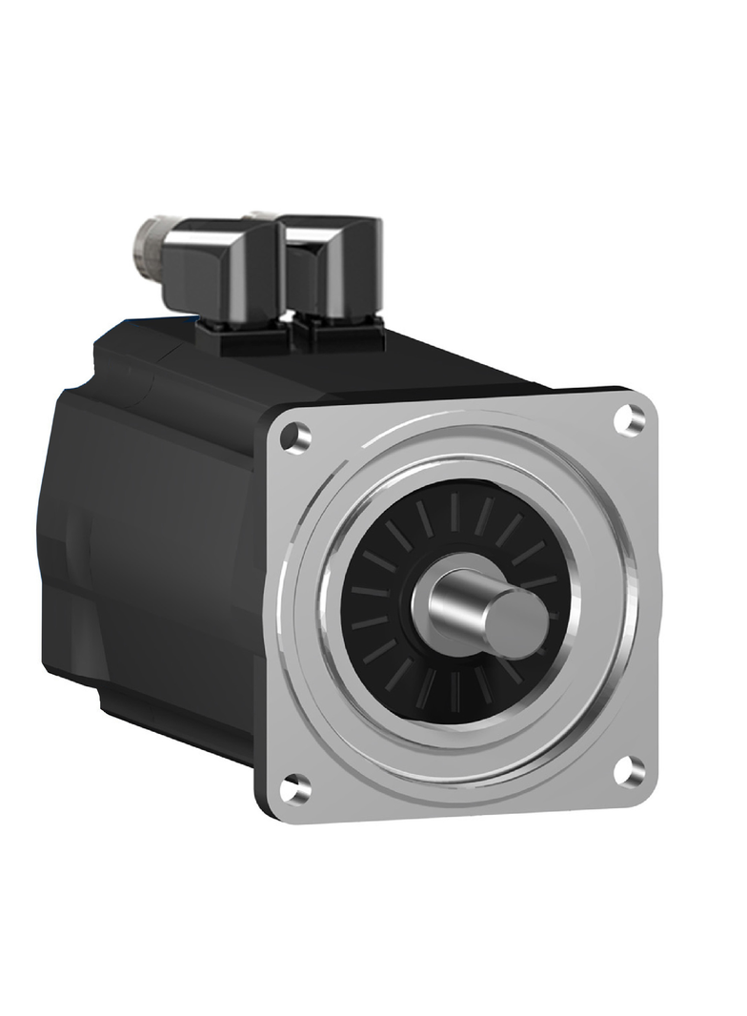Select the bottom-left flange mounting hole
click(297, 787)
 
